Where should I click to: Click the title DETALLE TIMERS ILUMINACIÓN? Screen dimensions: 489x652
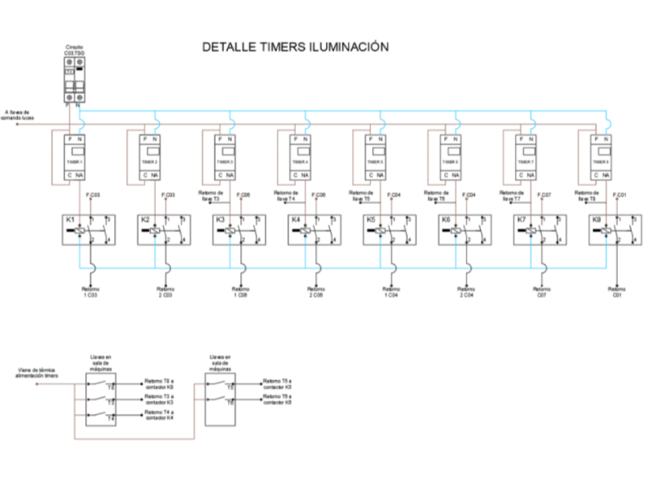[295, 47]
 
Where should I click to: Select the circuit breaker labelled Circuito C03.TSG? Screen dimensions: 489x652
[74, 79]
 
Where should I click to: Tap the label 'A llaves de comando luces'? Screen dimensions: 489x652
[17, 115]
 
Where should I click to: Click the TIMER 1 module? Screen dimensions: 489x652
[74, 157]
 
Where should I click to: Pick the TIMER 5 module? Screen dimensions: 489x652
[375, 157]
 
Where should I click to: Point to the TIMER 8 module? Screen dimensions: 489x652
[601, 157]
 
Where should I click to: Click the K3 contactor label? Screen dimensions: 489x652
[220, 220]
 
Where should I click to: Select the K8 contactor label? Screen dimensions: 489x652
[596, 220]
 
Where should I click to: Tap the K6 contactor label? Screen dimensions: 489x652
[446, 220]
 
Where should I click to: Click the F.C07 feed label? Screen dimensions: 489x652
[544, 195]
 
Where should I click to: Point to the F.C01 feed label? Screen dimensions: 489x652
[619, 195]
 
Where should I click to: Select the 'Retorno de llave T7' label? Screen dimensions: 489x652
[511, 196]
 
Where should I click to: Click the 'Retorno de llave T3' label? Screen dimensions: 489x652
[210, 196]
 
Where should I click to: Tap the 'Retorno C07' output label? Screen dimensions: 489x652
[541, 292]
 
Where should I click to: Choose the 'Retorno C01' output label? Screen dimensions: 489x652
[617, 292]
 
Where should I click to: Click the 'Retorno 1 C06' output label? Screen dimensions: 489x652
[240, 292]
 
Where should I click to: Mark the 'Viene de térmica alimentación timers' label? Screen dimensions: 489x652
[37, 373]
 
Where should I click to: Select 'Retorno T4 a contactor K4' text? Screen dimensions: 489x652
[159, 415]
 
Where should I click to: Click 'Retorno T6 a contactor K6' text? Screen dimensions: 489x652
[277, 399]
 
